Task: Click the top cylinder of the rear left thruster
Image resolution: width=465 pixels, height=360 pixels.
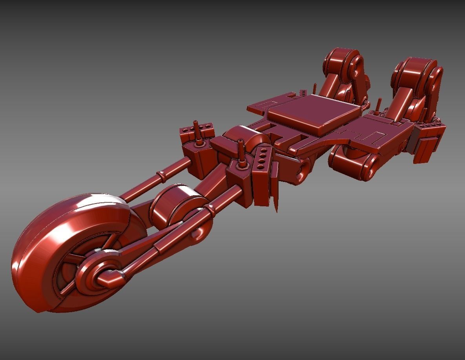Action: click(341, 63)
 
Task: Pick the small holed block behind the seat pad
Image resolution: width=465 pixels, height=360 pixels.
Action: click(303, 93)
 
